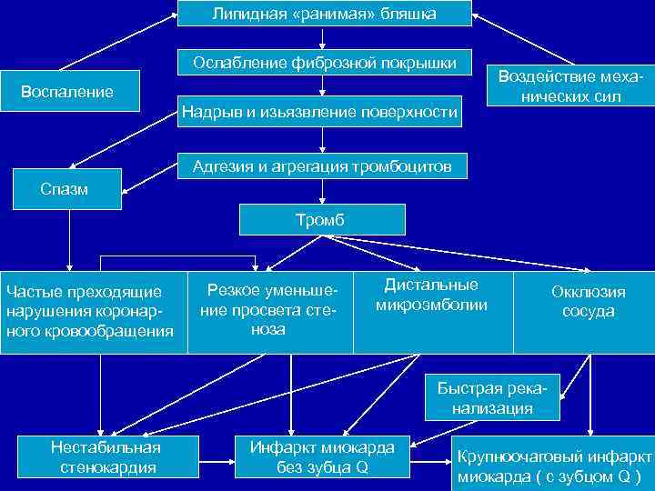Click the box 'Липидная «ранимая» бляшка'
click(x=324, y=14)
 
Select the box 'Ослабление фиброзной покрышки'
click(x=324, y=63)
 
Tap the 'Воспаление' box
click(x=67, y=91)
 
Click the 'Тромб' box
click(x=321, y=220)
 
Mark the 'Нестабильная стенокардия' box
click(x=106, y=456)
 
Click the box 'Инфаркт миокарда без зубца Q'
click(x=322, y=456)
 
